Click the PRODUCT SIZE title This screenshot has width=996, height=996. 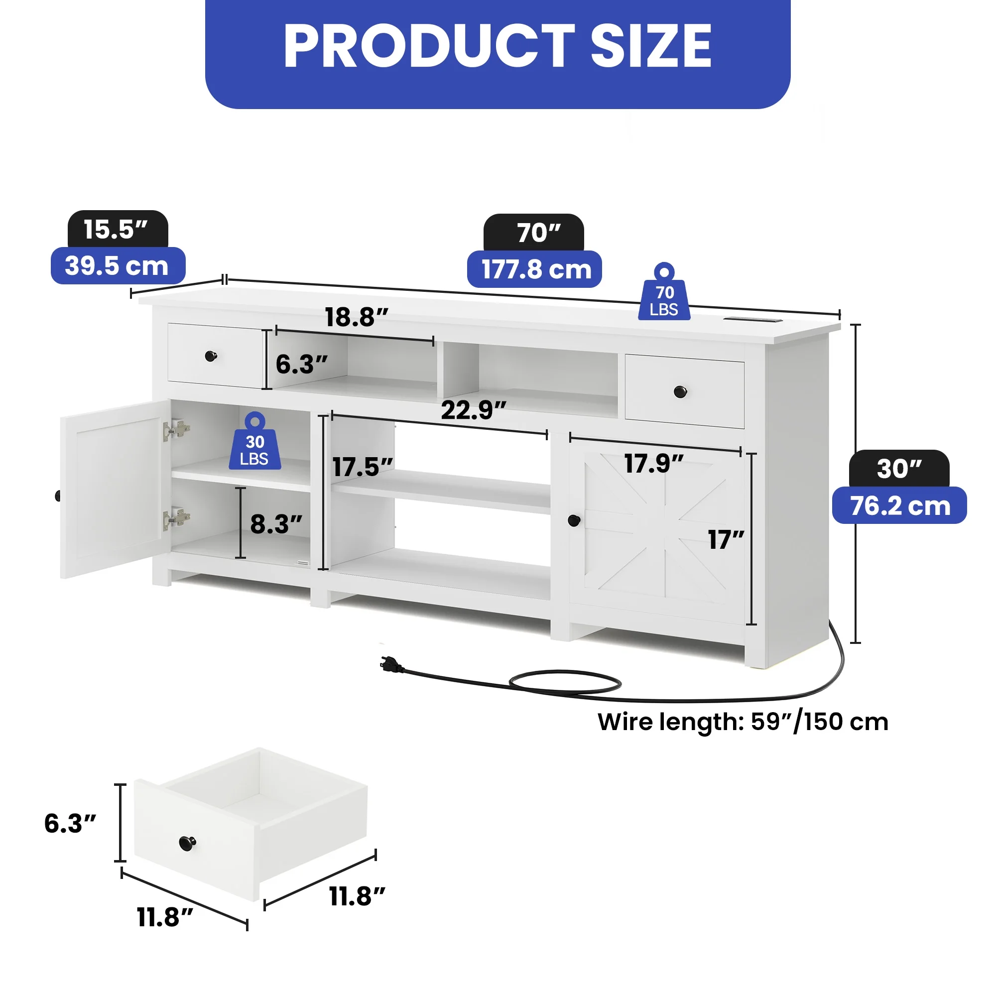click(x=498, y=46)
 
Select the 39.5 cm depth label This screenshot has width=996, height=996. click(x=118, y=265)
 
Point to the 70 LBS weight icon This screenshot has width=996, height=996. click(x=664, y=292)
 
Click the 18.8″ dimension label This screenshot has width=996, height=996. click(x=356, y=317)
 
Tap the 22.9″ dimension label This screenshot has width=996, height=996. click(x=474, y=410)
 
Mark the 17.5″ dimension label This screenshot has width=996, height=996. click(x=363, y=467)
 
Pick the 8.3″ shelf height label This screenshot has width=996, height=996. click(x=276, y=524)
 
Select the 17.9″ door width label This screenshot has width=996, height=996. click(x=654, y=463)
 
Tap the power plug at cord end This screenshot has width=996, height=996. click(x=392, y=664)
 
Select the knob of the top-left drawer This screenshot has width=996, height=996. click(x=211, y=356)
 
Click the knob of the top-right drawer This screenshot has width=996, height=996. click(x=680, y=392)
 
